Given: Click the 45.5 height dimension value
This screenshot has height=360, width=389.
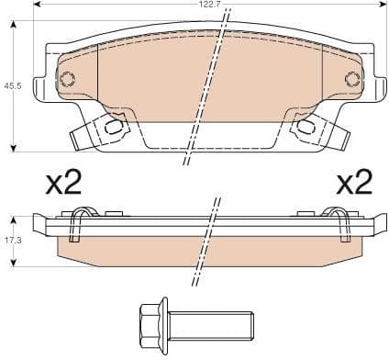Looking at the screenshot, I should tap(13, 85).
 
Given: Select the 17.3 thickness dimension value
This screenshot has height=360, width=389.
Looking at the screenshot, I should tap(13, 241).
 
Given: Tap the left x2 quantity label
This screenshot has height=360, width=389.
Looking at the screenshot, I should tap(64, 184).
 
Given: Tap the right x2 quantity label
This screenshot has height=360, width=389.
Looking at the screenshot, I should tap(353, 184).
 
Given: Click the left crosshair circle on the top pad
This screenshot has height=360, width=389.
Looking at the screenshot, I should tap(66, 79).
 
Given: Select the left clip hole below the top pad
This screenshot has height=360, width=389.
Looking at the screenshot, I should tap(114, 127).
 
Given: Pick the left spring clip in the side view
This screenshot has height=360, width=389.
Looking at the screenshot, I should tap(80, 225).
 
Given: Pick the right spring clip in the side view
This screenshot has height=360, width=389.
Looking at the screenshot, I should tap(340, 225).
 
